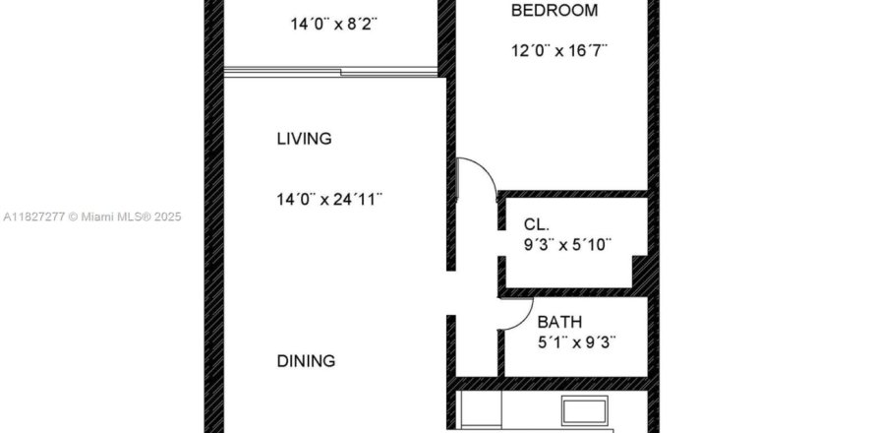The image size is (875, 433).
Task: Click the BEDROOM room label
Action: point(554,11)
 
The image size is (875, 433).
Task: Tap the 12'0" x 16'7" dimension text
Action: point(559,51)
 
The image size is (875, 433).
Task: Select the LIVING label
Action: point(304,139)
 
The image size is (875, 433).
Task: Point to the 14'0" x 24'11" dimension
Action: point(329,199)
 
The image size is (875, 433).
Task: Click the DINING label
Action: point(306,361)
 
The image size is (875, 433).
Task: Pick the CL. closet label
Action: point(536,224)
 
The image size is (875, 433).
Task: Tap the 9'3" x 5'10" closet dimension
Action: point(567,245)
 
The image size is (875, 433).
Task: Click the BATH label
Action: point(559,322)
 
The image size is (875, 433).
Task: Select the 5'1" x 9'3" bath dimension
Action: point(577,341)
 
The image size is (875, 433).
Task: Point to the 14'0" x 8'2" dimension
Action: point(333,24)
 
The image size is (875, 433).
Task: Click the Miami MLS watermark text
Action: point(92,216)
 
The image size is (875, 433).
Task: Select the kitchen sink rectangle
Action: point(584,410)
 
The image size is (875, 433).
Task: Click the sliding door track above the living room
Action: point(330,72)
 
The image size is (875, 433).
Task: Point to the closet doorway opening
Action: point(501,243)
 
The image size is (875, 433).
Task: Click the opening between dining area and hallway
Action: point(451,293)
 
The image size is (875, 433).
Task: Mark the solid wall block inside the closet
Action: point(639,272)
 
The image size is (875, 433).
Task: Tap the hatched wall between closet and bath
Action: point(574,292)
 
